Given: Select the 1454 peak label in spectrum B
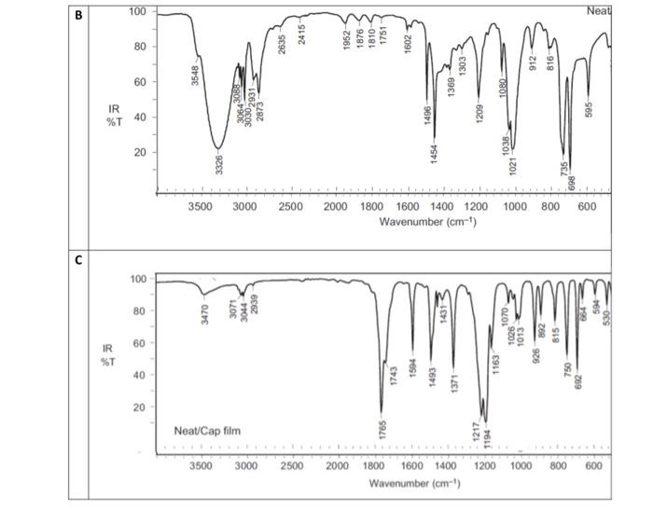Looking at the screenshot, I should pyautogui.click(x=435, y=154).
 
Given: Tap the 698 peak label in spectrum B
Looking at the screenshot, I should pyautogui.click(x=571, y=184).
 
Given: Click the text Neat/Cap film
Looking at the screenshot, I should pyautogui.click(x=215, y=431).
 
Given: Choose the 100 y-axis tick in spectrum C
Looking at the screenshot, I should pyautogui.click(x=138, y=279).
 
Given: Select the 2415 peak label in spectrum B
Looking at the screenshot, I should pyautogui.click(x=302, y=35).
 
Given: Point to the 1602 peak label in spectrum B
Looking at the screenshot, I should pyautogui.click(x=408, y=43).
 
